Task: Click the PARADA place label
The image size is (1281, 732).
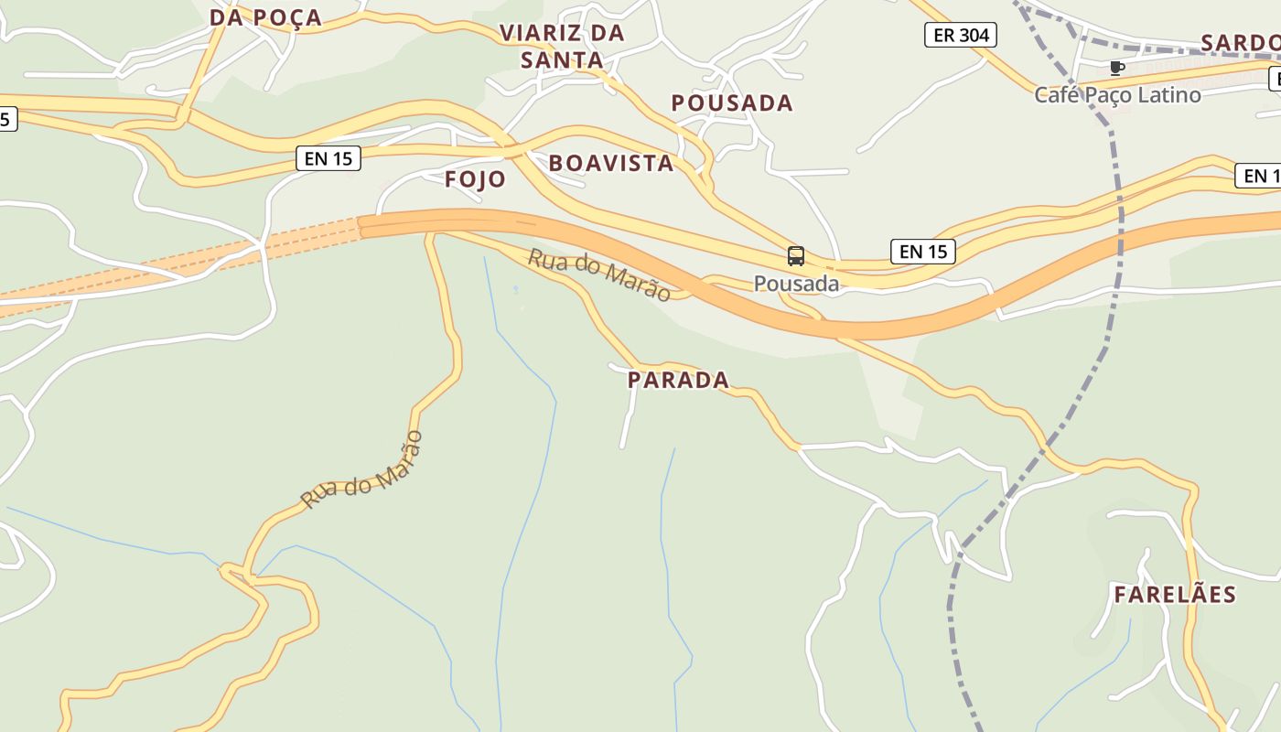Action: pos(678,380)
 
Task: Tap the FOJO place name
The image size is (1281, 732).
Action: pos(475,179)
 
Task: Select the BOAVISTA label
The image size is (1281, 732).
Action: pos(610,164)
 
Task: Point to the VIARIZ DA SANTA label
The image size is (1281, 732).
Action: pos(562,47)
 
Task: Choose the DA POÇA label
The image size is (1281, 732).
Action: pos(265,17)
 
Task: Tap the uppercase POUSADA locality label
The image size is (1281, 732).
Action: pos(732,102)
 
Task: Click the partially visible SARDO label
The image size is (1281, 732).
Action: pos(1240,43)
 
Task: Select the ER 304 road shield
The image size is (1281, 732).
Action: pos(960,36)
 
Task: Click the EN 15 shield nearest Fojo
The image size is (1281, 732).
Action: pos(328,158)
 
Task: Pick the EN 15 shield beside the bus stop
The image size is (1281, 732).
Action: pos(922,252)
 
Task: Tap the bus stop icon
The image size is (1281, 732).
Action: pos(796,256)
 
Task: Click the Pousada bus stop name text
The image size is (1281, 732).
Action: pos(796,284)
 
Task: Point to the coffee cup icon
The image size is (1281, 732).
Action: pos(1116,68)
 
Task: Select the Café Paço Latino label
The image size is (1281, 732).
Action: pos(1117,94)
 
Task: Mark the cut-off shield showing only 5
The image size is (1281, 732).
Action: pos(7,119)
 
